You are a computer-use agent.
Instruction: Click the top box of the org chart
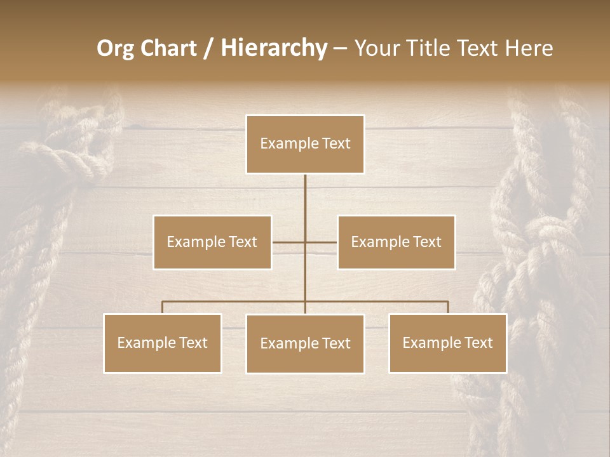(x=305, y=144)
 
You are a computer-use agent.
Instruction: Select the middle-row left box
(x=212, y=242)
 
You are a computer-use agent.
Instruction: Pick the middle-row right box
(x=396, y=242)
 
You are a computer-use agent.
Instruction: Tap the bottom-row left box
(x=163, y=343)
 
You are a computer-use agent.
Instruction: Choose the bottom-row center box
(x=305, y=343)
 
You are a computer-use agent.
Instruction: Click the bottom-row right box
(x=448, y=343)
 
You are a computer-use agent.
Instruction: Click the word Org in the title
(x=115, y=48)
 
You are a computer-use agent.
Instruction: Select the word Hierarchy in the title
(x=274, y=48)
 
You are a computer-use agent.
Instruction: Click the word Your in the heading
(x=375, y=48)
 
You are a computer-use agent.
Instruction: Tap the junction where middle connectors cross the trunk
(x=305, y=242)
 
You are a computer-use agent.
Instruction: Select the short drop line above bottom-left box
(x=163, y=307)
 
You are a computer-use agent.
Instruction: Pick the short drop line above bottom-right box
(x=448, y=307)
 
